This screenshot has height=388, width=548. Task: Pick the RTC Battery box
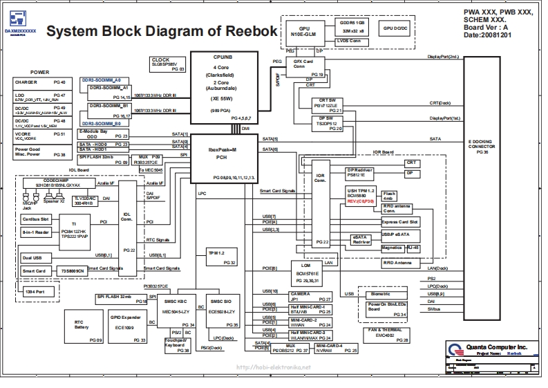pos(82,326)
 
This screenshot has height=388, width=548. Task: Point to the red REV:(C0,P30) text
pos(361,201)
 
